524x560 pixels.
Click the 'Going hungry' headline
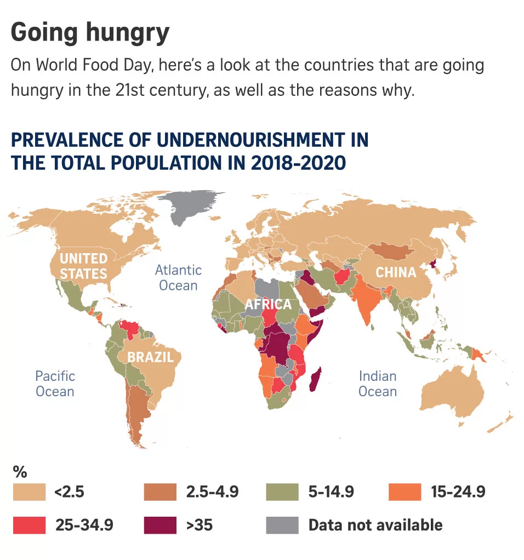[x=90, y=33]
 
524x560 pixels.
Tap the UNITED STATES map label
[x=83, y=266]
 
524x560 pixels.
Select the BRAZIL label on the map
[x=150, y=357]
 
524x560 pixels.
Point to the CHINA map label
[x=396, y=272]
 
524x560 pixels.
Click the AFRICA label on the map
[x=268, y=305]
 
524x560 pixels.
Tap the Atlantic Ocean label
[x=178, y=277]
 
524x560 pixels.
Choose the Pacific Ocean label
[x=55, y=384]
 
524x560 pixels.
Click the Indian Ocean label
[x=378, y=384]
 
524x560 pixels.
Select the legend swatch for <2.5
[x=30, y=492]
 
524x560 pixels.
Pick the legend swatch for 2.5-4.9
[x=160, y=492]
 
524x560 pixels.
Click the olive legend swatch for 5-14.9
[x=282, y=492]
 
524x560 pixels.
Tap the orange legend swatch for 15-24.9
[x=405, y=492]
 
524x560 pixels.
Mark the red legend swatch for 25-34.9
[x=30, y=524]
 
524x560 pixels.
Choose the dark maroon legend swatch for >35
[x=160, y=524]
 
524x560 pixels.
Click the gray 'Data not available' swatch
[x=282, y=524]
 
